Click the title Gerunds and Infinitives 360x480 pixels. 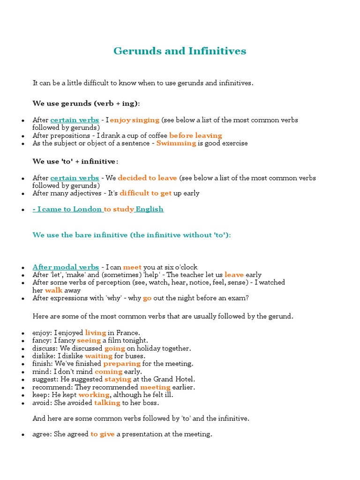180,51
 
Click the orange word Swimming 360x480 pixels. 176,143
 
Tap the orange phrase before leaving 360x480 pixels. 195,136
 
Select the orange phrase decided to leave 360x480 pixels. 147,178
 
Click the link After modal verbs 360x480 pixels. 66,267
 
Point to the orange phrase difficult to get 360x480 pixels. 145,193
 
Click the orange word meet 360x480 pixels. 132,267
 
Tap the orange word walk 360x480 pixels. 53,290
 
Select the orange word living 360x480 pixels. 95,333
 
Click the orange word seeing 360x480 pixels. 89,341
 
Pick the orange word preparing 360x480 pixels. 122,364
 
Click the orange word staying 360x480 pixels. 117,379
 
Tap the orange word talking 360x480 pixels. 107,403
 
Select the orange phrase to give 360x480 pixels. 102,434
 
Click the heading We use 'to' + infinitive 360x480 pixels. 75,161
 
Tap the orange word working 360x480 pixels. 94,395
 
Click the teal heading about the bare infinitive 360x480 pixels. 131,235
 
